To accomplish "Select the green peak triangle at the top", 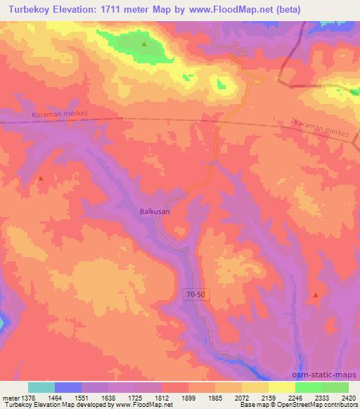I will pyautogui.click(x=144, y=44).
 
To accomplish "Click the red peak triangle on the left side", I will pyautogui.click(x=40, y=178).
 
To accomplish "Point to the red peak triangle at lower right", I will pyautogui.click(x=316, y=295).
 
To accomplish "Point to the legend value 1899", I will pyautogui.click(x=188, y=397).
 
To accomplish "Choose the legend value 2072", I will pyautogui.click(x=241, y=397).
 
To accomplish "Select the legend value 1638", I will pyautogui.click(x=107, y=397).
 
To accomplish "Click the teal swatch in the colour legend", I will pyautogui.click(x=41, y=387).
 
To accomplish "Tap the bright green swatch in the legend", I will pyautogui.click(x=308, y=387).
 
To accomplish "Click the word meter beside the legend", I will pyautogui.click(x=10, y=397).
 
